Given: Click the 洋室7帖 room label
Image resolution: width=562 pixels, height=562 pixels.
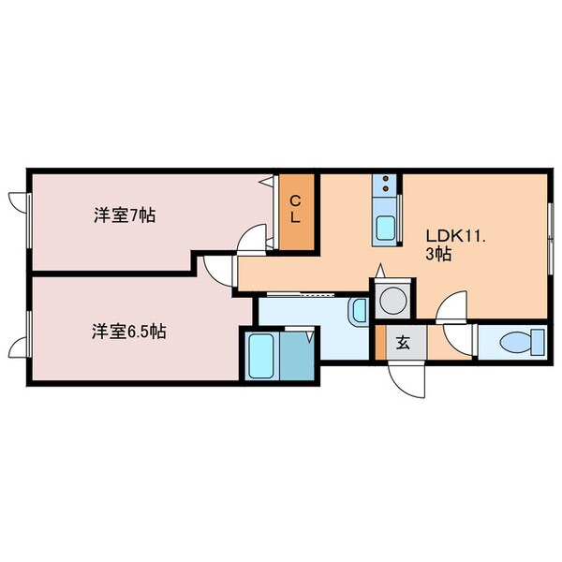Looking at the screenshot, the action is coord(125,215).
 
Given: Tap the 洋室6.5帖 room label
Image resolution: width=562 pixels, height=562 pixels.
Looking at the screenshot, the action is coord(129,332).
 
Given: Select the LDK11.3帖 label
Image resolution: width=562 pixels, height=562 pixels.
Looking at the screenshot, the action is coord(455,244).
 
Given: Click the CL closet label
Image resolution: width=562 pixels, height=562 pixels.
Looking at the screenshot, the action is coord(295,209).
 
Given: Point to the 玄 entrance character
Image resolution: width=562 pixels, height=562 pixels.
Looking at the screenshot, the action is coord(403,343).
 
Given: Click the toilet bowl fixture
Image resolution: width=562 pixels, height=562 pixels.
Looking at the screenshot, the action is coord(515,343).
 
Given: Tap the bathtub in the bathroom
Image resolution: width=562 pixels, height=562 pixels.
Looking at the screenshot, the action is coord(261,355).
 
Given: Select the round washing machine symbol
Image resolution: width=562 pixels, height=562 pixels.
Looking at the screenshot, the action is coord(392,301).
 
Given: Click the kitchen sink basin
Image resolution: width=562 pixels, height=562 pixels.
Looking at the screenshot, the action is coord(385,228).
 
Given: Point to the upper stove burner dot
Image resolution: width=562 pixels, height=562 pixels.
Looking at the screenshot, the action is coord(386,178).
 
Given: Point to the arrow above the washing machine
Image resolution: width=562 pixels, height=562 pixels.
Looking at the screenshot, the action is coord(380,271).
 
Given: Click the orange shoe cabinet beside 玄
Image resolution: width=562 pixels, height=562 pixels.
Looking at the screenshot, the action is coord(380,342).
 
